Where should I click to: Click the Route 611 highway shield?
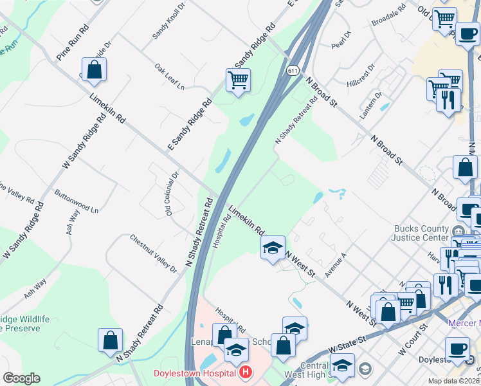293,70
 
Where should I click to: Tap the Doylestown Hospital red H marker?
244,372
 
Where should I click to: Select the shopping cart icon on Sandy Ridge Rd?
238,80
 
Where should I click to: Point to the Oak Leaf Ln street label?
169,77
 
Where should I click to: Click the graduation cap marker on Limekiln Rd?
273,247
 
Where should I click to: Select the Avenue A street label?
335,264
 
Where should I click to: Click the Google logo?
21,378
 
